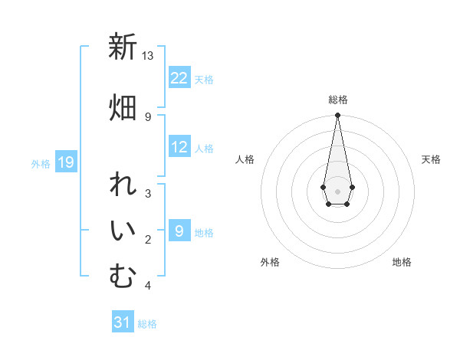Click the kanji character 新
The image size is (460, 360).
(x=123, y=47)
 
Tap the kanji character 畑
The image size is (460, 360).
(x=123, y=107)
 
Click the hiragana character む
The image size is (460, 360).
(x=123, y=277)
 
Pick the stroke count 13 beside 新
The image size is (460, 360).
(x=147, y=56)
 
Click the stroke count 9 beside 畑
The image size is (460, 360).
(x=148, y=116)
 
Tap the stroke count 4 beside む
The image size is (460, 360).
(x=148, y=286)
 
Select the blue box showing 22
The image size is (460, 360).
(x=179, y=78)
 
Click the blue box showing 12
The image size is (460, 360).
(x=179, y=148)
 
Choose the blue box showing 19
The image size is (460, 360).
(x=65, y=162)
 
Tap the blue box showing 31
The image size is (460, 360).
(x=123, y=322)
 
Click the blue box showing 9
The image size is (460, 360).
(x=179, y=231)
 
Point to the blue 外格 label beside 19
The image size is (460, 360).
(x=41, y=163)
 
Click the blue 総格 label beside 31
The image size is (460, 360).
(x=147, y=324)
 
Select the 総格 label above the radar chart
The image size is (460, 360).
(x=337, y=100)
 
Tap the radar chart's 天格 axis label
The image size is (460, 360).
(x=431, y=159)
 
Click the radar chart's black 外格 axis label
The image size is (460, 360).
(x=270, y=262)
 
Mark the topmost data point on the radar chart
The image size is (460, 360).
(x=337, y=116)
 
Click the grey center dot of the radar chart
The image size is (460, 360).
(x=337, y=191)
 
